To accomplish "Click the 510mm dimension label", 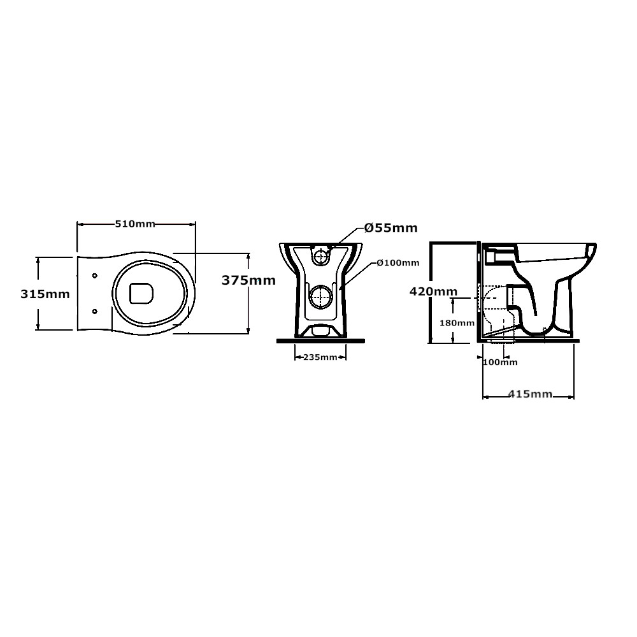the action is pos(135,224).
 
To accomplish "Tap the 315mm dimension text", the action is pos(45,294).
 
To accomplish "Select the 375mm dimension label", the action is pos(248,280).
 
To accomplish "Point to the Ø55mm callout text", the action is pos(391,228).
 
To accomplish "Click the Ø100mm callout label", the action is pos(397,263).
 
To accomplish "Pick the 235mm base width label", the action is pos(320,357).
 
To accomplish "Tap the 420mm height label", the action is pos(433,292).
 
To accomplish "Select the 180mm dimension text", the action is pos(457,324).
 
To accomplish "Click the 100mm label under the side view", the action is pos(500,362).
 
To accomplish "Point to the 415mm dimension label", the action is pos(530,394).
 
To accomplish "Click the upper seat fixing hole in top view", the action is pos(95,276).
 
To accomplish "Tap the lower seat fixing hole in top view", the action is pos(95,311).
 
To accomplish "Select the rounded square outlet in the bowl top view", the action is pos(142,293).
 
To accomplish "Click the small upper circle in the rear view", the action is pos(321,257).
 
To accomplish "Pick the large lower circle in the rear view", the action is pos(321,296).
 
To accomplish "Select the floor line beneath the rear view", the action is pos(320,341).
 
